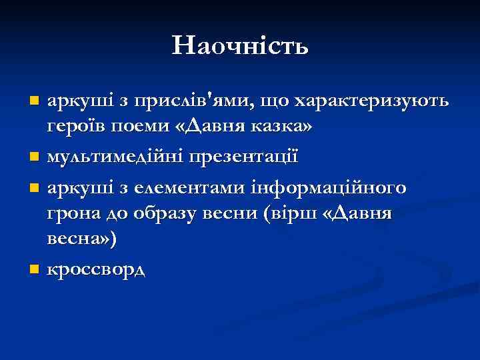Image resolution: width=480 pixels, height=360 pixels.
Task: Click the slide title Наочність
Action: [x=240, y=46]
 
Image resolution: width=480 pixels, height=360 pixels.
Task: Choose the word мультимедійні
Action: [x=113, y=157]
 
